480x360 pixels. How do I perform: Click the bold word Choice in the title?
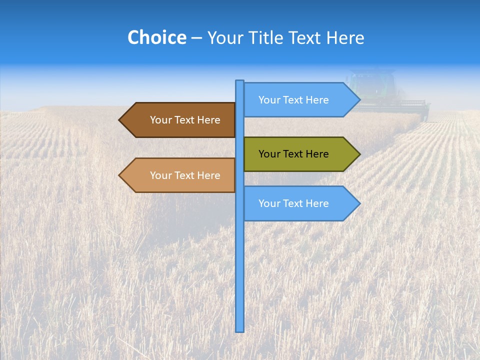[156, 38]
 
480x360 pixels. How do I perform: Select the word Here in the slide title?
[345, 38]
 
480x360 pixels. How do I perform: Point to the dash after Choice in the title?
[196, 38]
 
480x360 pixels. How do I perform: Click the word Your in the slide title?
[225, 38]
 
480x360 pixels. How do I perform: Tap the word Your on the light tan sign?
[160, 175]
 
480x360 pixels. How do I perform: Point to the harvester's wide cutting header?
[395, 106]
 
